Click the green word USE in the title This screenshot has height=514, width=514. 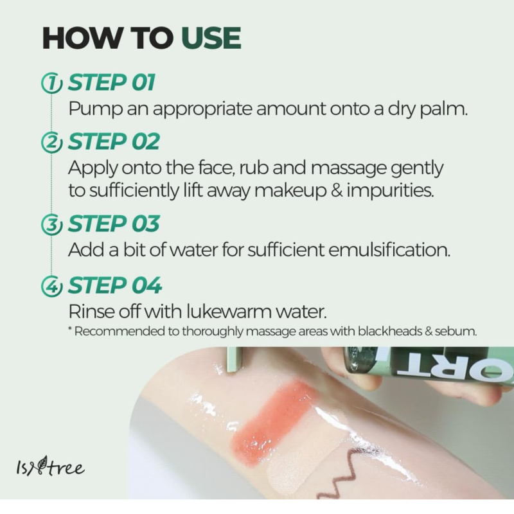coord(211,38)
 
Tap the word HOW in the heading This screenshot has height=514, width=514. coord(82,38)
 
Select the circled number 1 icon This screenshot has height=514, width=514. coord(51,84)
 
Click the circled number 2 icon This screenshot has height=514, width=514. coord(51,142)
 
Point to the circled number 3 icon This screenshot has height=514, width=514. coord(51,224)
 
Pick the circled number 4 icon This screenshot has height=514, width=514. coord(51,286)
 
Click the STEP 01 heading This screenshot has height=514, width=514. coord(111,82)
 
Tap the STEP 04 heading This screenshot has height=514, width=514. coord(115,285)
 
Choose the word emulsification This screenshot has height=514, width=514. coord(389,249)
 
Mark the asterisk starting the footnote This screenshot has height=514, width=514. coord(70,328)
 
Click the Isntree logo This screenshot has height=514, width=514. coord(50,466)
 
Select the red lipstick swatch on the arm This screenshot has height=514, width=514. coord(275,423)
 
